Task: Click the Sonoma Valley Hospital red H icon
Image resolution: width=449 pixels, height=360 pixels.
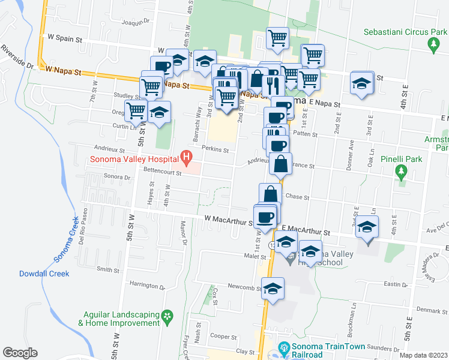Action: tap(187, 158)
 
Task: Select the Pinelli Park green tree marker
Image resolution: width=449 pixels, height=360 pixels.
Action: tap(401, 172)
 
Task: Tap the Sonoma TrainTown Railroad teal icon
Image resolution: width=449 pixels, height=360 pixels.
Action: tap(284, 348)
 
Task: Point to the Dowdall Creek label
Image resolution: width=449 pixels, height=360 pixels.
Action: tap(43, 274)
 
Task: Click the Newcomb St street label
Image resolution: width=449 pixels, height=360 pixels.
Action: tap(243, 287)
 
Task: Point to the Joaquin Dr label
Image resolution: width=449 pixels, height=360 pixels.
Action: tap(135, 22)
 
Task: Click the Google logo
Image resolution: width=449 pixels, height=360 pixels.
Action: tap(20, 353)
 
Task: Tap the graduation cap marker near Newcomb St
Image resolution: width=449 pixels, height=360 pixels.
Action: tap(273, 289)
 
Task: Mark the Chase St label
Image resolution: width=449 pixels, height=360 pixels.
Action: tap(297, 196)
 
